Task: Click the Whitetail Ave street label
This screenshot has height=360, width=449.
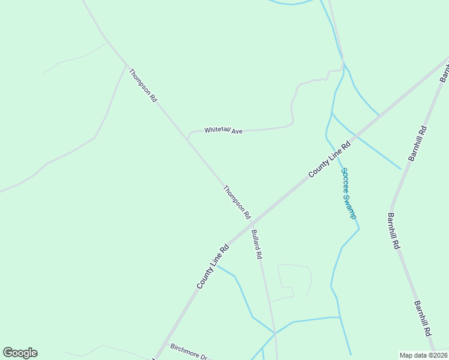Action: (x=223, y=130)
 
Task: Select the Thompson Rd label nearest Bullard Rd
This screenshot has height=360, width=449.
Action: (x=237, y=202)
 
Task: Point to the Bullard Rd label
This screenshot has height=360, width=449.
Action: (x=257, y=244)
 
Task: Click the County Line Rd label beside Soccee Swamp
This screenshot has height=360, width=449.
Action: (x=330, y=159)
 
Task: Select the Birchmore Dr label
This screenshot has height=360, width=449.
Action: (x=188, y=352)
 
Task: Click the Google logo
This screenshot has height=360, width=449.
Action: (x=20, y=353)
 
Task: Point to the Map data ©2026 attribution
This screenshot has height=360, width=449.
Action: (x=424, y=355)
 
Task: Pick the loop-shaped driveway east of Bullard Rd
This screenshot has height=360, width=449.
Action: (x=294, y=281)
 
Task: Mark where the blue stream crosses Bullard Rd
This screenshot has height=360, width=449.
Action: (x=274, y=332)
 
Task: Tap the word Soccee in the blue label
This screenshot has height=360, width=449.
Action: (x=346, y=179)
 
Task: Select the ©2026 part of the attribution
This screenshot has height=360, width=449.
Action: (x=437, y=355)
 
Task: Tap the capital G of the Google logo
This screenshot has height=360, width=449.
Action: (x=8, y=353)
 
